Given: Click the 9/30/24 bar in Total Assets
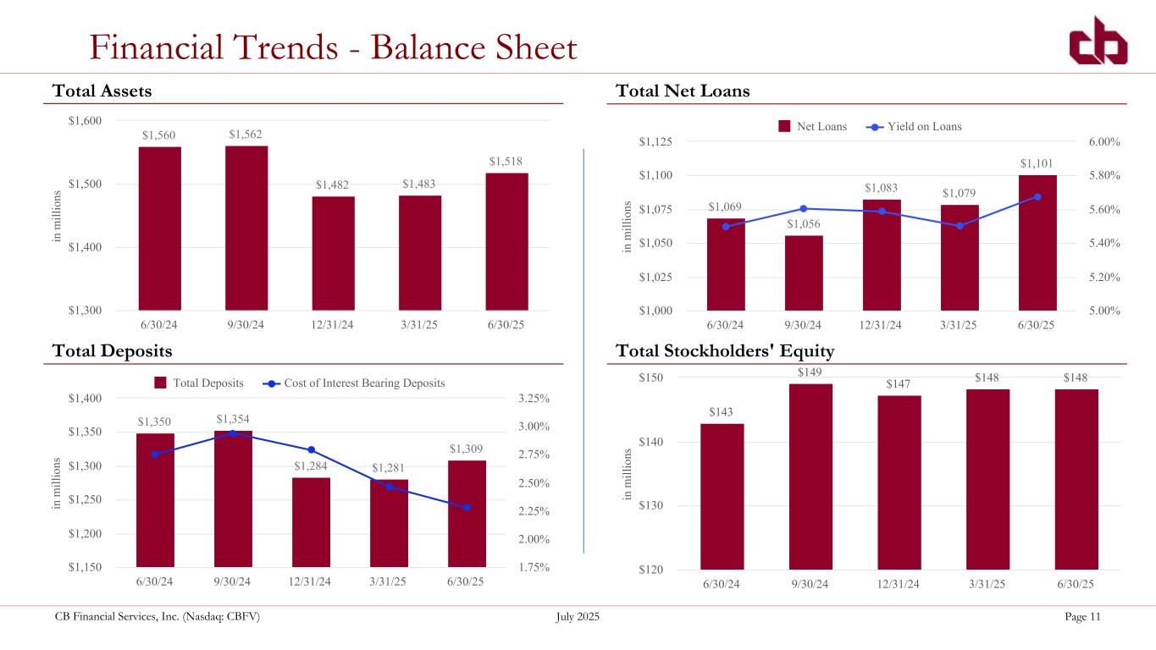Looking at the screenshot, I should tap(246, 228).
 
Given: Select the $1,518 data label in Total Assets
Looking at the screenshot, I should tap(506, 161).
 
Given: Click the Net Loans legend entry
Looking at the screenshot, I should tap(812, 127).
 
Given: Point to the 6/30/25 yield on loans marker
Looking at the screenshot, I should tap(1037, 196).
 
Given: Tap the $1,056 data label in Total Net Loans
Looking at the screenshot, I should tap(804, 224).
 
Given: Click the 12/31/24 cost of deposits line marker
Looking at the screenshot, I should tap(311, 449).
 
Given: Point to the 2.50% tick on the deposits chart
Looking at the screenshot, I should tap(533, 483).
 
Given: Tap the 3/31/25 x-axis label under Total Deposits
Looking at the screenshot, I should tap(389, 581).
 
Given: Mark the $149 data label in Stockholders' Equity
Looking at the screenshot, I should tap(810, 372).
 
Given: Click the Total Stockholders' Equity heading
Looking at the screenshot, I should tap(726, 350).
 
